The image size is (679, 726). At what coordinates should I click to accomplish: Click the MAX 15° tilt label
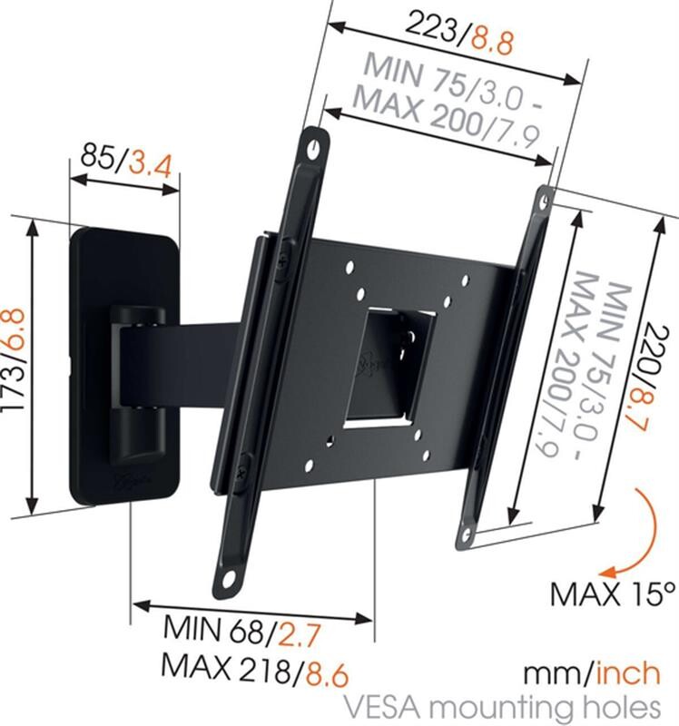click(614, 594)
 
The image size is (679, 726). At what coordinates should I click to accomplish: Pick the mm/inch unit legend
click(591, 673)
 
